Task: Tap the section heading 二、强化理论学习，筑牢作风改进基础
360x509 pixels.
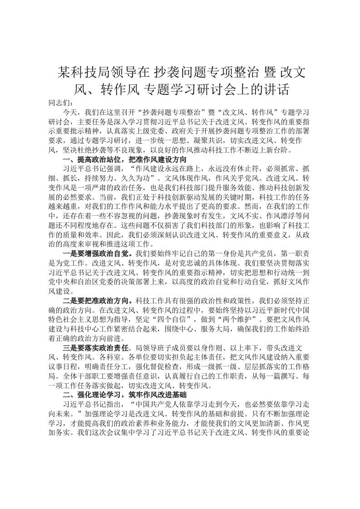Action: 122,395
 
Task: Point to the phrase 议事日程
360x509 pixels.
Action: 64,366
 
